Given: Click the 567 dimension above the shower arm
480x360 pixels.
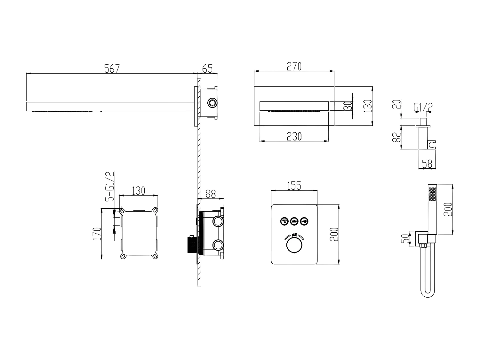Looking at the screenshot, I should pos(112,68).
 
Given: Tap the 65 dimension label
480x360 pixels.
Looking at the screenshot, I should pos(207,68).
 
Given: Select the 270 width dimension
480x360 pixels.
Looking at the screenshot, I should pos(294,66).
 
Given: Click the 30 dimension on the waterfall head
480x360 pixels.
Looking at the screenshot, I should pos(347,106).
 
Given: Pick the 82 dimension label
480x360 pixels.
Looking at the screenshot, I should pos(396,137).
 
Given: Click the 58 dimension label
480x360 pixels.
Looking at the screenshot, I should pos(427,164).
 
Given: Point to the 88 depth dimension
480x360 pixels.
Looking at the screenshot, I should pos(211,194).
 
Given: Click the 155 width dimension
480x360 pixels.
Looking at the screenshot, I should pos(294,186).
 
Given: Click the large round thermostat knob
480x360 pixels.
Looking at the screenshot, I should pos(294,246).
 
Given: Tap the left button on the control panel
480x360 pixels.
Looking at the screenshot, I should pos(284,220).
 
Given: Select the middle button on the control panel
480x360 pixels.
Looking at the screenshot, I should pos(294,220).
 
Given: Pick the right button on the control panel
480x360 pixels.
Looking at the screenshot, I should pos(304,220).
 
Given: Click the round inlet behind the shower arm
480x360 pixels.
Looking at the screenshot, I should pos(212,102).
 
